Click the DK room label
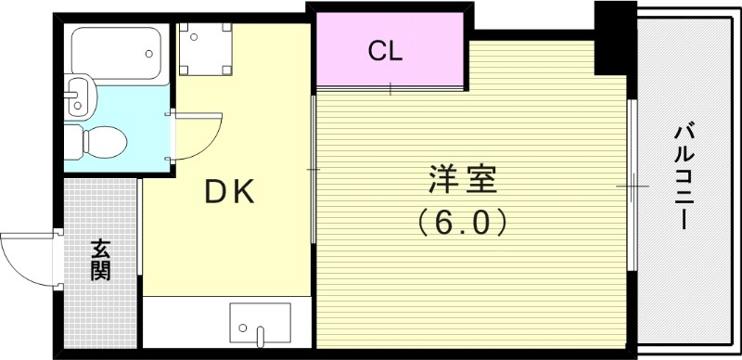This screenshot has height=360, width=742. point(228,192)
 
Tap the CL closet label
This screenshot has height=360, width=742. point(385,52)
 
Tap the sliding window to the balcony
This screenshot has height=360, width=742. point(632,186)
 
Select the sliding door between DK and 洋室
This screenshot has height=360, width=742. point(313,170)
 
